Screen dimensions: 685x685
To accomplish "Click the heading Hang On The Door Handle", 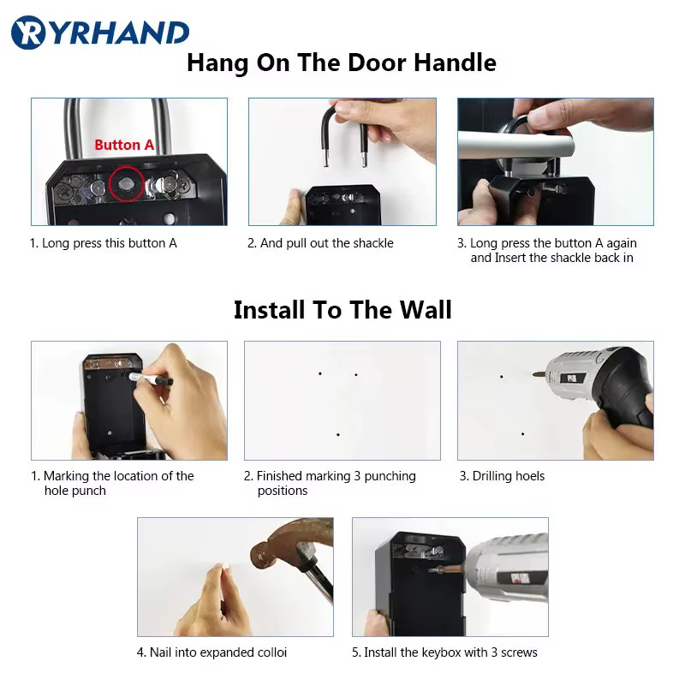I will point(341,63).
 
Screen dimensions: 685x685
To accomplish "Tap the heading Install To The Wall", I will point(342,309).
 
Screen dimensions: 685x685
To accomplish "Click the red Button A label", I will point(124,145).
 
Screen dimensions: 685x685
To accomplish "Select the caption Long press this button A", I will point(104,243).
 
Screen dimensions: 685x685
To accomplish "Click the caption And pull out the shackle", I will point(320,243).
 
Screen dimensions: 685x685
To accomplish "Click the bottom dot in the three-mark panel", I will point(338,435).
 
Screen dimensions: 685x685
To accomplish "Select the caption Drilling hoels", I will point(502,476).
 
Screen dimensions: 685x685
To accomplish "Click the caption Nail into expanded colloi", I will point(211,652).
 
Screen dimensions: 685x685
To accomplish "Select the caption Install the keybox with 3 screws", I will point(444,652).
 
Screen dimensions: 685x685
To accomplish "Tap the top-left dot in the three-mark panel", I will point(320,373).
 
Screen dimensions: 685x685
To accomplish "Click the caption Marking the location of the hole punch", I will point(112,483).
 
